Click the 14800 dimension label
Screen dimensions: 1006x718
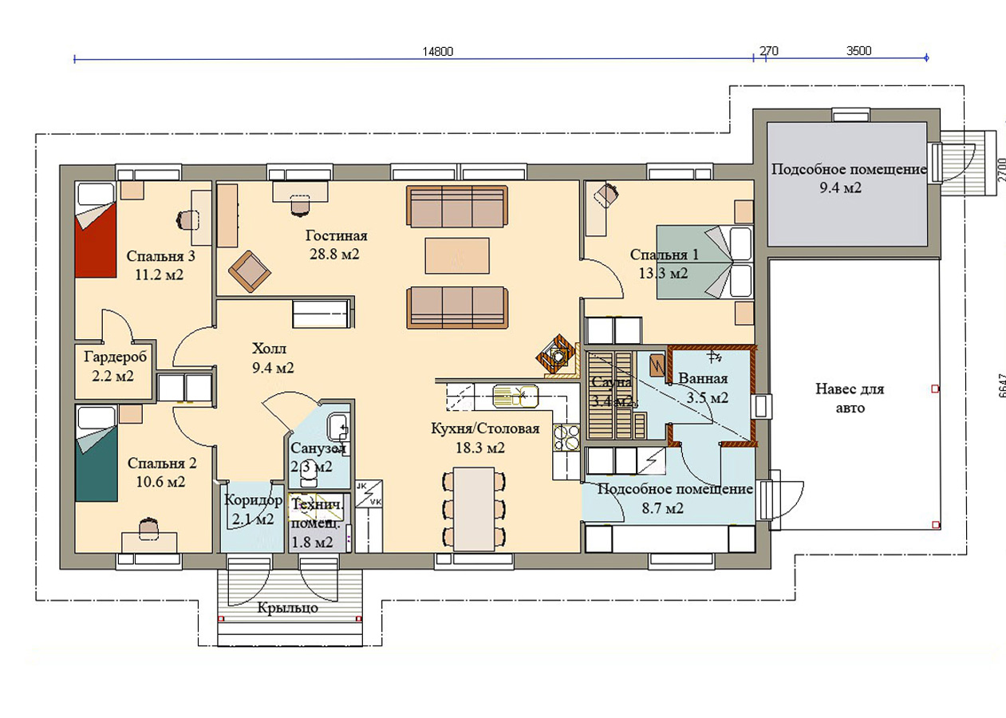(438, 52)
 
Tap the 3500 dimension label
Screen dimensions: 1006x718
(859, 51)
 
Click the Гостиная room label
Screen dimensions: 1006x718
(337, 235)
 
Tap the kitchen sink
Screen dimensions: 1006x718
(515, 396)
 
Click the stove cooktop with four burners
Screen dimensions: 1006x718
(566, 437)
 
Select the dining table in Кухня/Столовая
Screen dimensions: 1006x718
(474, 509)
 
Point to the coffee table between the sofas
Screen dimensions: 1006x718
(457, 255)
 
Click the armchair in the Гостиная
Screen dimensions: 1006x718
(249, 271)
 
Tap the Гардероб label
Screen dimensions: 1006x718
(116, 357)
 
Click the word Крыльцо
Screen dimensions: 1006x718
(287, 609)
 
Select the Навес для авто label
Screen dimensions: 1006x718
(850, 398)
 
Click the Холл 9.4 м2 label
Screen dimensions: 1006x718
(273, 358)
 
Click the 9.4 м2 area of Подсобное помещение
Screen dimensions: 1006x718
(840, 187)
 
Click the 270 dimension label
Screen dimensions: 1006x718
(769, 51)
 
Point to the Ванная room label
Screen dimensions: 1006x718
(703, 378)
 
